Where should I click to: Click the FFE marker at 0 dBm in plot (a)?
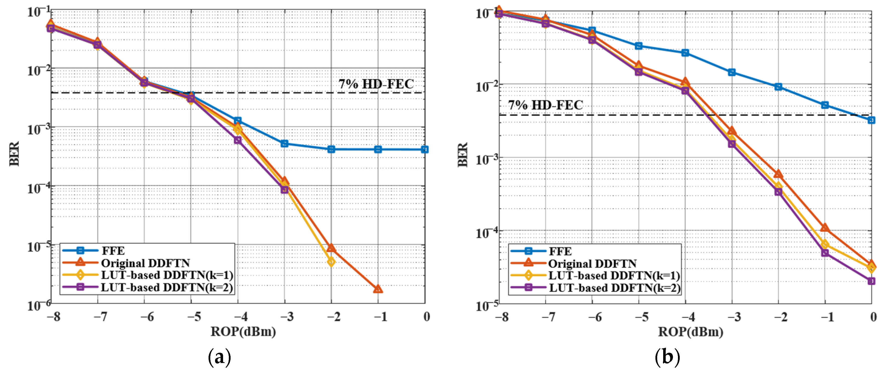[x=424, y=149]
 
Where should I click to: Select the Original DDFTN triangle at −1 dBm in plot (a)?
[x=378, y=289]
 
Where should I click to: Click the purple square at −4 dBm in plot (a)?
[x=238, y=140]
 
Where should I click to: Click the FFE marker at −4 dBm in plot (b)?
[x=685, y=53]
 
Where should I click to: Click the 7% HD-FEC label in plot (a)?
[x=376, y=84]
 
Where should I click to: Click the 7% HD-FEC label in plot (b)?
[x=545, y=105]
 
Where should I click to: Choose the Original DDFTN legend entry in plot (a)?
[x=145, y=263]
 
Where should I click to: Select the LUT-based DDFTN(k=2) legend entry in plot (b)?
[x=615, y=288]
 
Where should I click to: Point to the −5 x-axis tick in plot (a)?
[x=194, y=317]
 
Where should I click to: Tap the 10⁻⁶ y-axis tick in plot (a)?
[x=39, y=305]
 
